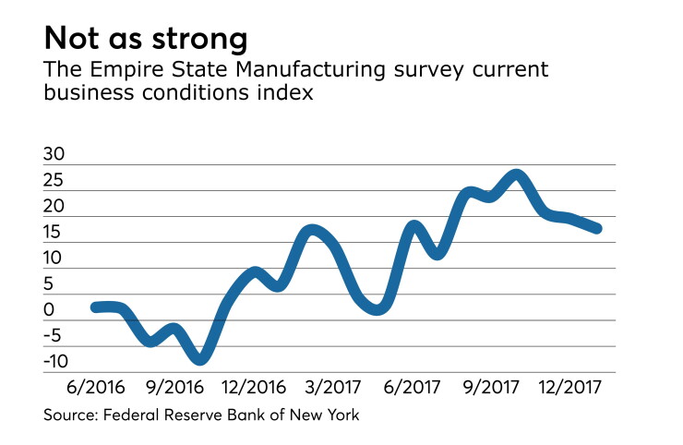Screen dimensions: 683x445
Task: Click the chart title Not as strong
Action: [x=146, y=39]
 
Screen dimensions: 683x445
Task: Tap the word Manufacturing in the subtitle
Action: [x=310, y=70]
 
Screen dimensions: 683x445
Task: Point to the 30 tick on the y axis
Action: [x=54, y=154]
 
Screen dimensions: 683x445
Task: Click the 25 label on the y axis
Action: [x=54, y=180]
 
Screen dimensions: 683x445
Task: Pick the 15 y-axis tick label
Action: [x=53, y=232]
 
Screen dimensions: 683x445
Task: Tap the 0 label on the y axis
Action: [x=49, y=310]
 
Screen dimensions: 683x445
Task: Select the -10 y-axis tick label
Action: [x=56, y=361]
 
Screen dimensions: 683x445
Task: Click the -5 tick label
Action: [x=54, y=336]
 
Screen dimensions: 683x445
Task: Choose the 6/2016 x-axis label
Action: [x=96, y=387]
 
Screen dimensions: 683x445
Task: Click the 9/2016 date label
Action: [x=174, y=387]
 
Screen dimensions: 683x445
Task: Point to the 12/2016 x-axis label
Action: [x=254, y=387]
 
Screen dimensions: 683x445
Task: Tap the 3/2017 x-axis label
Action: [x=333, y=387]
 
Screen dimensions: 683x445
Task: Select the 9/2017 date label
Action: [x=491, y=387]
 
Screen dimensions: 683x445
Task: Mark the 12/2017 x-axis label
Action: [x=570, y=387]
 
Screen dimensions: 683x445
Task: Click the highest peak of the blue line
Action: [x=516, y=175]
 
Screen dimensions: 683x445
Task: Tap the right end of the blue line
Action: [x=597, y=228]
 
